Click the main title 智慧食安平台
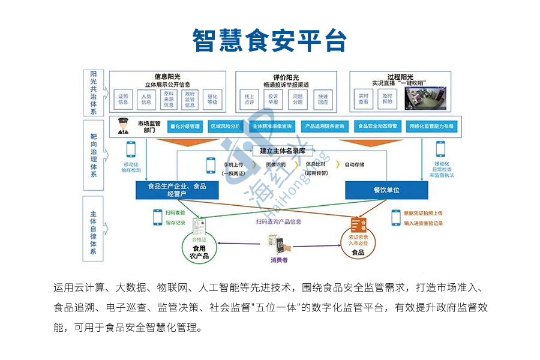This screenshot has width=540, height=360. coord(269,40)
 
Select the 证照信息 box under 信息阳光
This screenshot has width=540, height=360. coord(124,99)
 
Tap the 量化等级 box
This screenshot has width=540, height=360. coord(212,99)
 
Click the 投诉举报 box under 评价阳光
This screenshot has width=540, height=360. coord(274,99)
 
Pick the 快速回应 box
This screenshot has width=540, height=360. coord(323,99)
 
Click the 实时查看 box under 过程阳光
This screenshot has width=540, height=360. coord(364,99)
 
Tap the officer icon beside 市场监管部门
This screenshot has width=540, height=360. coord(123,127)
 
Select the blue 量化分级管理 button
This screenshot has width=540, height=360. coord(184,127)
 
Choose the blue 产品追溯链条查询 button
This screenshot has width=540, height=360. coord(324,127)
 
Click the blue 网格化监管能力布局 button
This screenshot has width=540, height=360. coord(432,127)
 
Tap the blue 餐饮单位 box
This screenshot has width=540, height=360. coord(386,190)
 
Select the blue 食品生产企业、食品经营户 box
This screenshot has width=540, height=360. coord(177,190)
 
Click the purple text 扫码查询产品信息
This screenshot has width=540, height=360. coord(278,221)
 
